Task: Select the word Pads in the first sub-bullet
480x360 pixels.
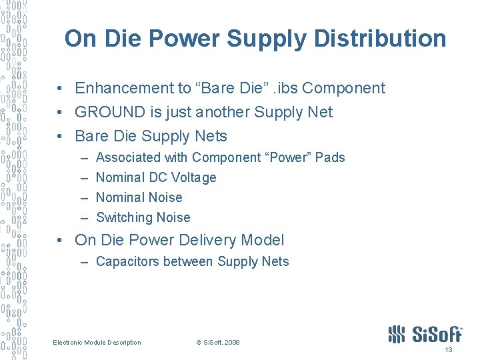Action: (331, 157)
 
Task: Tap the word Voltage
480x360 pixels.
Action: (193, 177)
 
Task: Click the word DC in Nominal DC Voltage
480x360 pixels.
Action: (158, 177)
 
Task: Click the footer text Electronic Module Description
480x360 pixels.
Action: (97, 343)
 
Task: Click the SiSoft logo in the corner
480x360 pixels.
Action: (425, 334)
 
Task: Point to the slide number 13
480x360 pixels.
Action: (448, 349)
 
